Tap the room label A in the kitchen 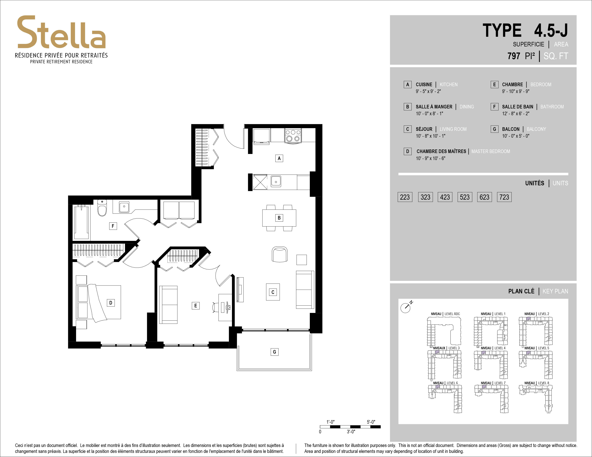[279, 158]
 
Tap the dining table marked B [279, 218]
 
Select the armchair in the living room [279, 254]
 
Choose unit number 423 [445, 197]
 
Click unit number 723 [504, 197]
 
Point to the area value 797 [514, 56]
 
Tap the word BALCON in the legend [511, 129]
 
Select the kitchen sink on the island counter [276, 181]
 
